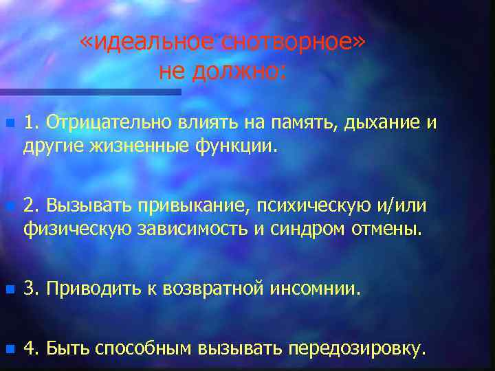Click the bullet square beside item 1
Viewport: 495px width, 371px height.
point(8,124)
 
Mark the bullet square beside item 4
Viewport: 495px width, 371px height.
point(8,348)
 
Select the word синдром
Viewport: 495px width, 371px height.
point(302,228)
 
